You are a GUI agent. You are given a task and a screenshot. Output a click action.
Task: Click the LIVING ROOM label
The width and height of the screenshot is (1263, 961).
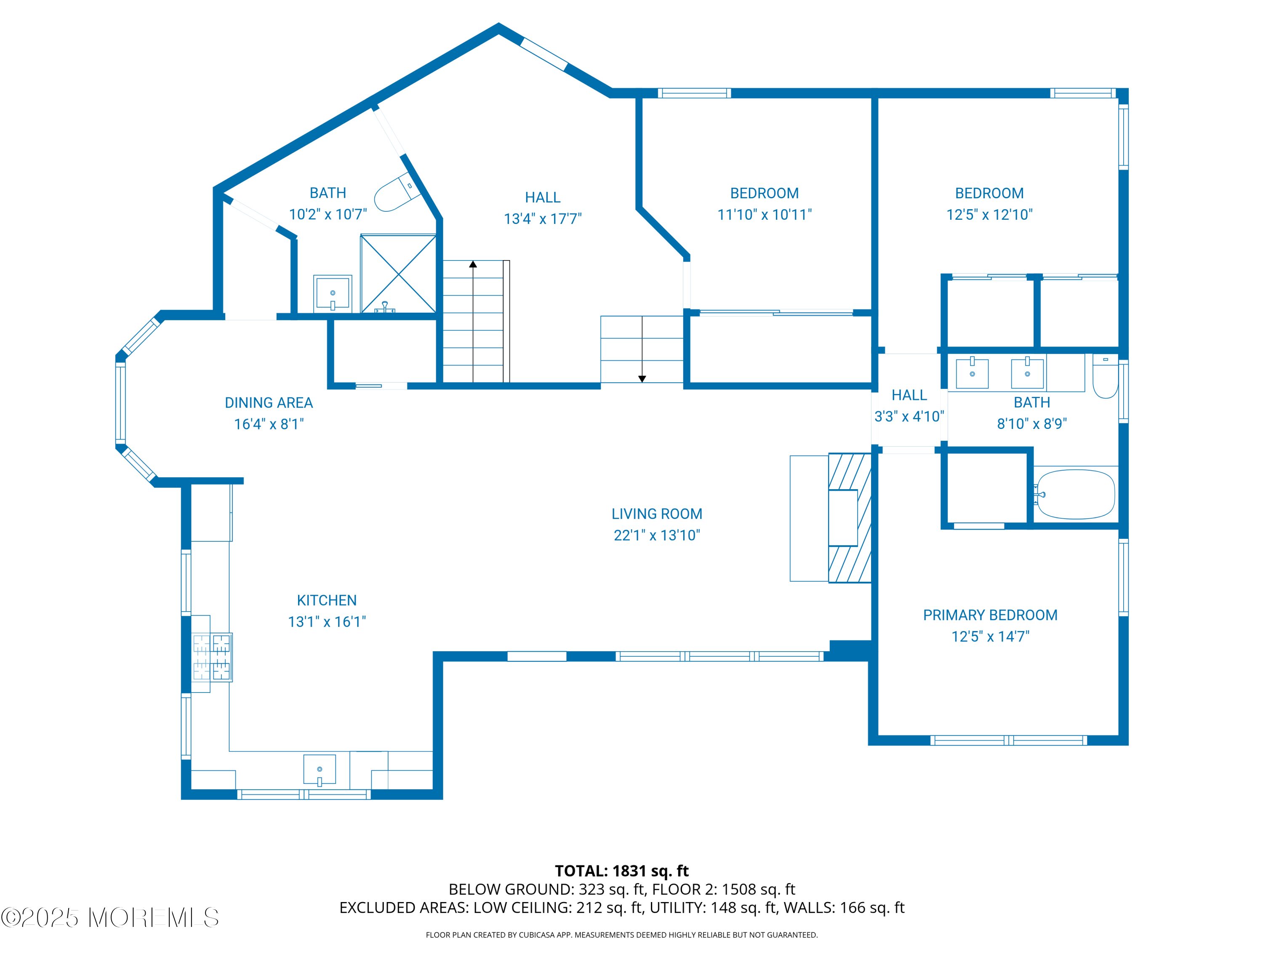click(x=657, y=514)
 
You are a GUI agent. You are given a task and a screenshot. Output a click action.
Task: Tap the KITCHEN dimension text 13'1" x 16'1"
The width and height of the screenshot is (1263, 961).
click(x=327, y=622)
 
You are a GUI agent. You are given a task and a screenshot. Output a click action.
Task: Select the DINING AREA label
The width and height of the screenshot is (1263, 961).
click(x=269, y=403)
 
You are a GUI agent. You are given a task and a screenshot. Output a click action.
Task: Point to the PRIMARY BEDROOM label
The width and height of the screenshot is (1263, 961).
click(x=990, y=615)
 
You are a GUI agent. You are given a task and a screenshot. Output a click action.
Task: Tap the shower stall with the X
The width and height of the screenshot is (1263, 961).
click(x=398, y=274)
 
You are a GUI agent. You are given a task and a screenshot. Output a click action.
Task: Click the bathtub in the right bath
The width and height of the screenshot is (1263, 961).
click(x=1075, y=495)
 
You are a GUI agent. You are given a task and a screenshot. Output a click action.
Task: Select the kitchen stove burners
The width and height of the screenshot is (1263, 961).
click(x=212, y=657)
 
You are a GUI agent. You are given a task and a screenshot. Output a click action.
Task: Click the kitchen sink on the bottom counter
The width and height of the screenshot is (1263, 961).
click(x=319, y=770)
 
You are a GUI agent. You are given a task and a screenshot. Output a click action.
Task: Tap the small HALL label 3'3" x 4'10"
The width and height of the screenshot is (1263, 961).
click(x=909, y=405)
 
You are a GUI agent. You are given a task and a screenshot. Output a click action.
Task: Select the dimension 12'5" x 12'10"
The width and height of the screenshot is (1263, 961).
click(x=990, y=215)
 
